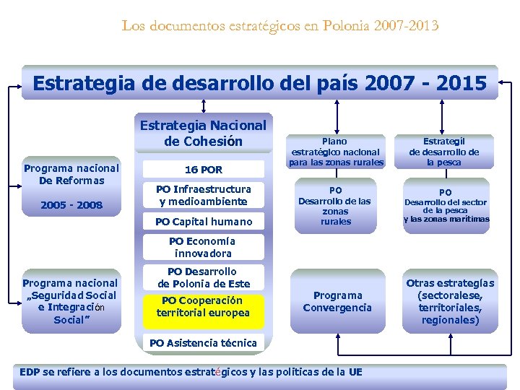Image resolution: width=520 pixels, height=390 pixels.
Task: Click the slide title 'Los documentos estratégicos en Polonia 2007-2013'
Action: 279,26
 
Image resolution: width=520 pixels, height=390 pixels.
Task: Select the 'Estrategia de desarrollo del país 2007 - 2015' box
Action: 259,82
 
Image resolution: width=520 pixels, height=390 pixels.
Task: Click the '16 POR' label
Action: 203,170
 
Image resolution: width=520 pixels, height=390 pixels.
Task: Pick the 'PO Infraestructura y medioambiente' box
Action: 203,195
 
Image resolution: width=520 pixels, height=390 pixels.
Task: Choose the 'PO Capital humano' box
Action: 203,222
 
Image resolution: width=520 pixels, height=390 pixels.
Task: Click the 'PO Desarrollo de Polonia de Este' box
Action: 203,277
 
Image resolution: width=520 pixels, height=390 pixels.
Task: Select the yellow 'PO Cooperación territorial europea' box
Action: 203,306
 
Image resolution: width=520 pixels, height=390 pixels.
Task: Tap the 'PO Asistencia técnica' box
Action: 203,342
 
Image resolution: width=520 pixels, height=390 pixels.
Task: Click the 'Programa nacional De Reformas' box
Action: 71,174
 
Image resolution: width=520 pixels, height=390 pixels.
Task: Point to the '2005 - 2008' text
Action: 71,205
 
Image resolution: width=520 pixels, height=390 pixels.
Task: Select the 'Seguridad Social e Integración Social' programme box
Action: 71,301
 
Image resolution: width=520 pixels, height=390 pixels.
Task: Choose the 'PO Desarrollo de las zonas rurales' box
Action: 335,206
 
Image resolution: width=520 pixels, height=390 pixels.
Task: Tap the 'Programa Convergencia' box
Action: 337,301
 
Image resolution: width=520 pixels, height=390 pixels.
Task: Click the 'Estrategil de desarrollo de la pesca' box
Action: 444,152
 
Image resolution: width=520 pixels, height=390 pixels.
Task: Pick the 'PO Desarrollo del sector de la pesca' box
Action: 446,206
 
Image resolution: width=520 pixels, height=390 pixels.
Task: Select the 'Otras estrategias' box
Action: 450,301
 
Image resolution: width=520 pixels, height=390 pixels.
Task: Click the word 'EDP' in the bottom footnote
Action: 30,372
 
